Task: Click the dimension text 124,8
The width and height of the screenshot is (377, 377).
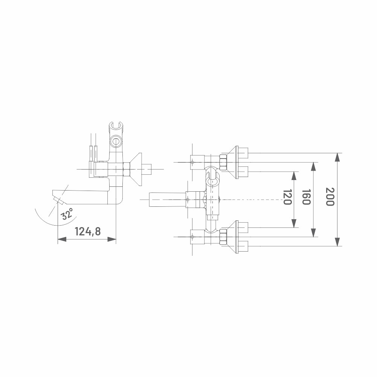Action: click(88, 231)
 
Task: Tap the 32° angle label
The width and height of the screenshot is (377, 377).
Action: click(67, 214)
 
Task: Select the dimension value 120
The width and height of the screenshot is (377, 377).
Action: click(287, 197)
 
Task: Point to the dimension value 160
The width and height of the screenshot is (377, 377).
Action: click(306, 197)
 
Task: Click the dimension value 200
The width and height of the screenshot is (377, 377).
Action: click(330, 197)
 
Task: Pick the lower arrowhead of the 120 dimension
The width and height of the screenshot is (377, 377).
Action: click(294, 223)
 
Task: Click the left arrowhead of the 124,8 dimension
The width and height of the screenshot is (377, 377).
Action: click(62, 239)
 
